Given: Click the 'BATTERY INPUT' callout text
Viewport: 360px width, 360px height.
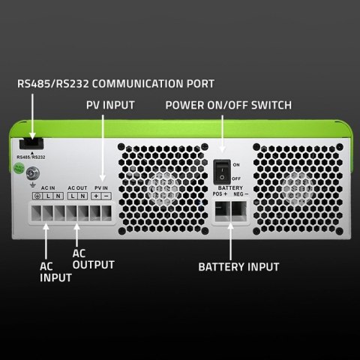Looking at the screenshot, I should click(238, 266).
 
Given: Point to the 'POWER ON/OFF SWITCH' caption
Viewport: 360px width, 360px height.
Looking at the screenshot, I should click(228, 106).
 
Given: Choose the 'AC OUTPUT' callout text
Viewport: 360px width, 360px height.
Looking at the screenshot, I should click(93, 259).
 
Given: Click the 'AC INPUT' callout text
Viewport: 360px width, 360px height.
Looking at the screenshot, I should click(55, 271).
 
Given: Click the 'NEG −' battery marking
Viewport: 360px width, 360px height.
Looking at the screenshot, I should click(242, 193).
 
